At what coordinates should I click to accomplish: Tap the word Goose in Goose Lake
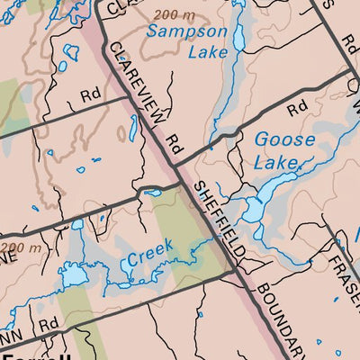pyautogui.click(x=284, y=140)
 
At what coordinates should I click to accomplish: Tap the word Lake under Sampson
pyautogui.click(x=207, y=52)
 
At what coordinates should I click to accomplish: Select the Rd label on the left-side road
pyautogui.click(x=89, y=93)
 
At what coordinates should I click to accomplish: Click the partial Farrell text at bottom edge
pyautogui.click(x=36, y=356)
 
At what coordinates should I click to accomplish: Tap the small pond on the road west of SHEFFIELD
pyautogui.click(x=151, y=192)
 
